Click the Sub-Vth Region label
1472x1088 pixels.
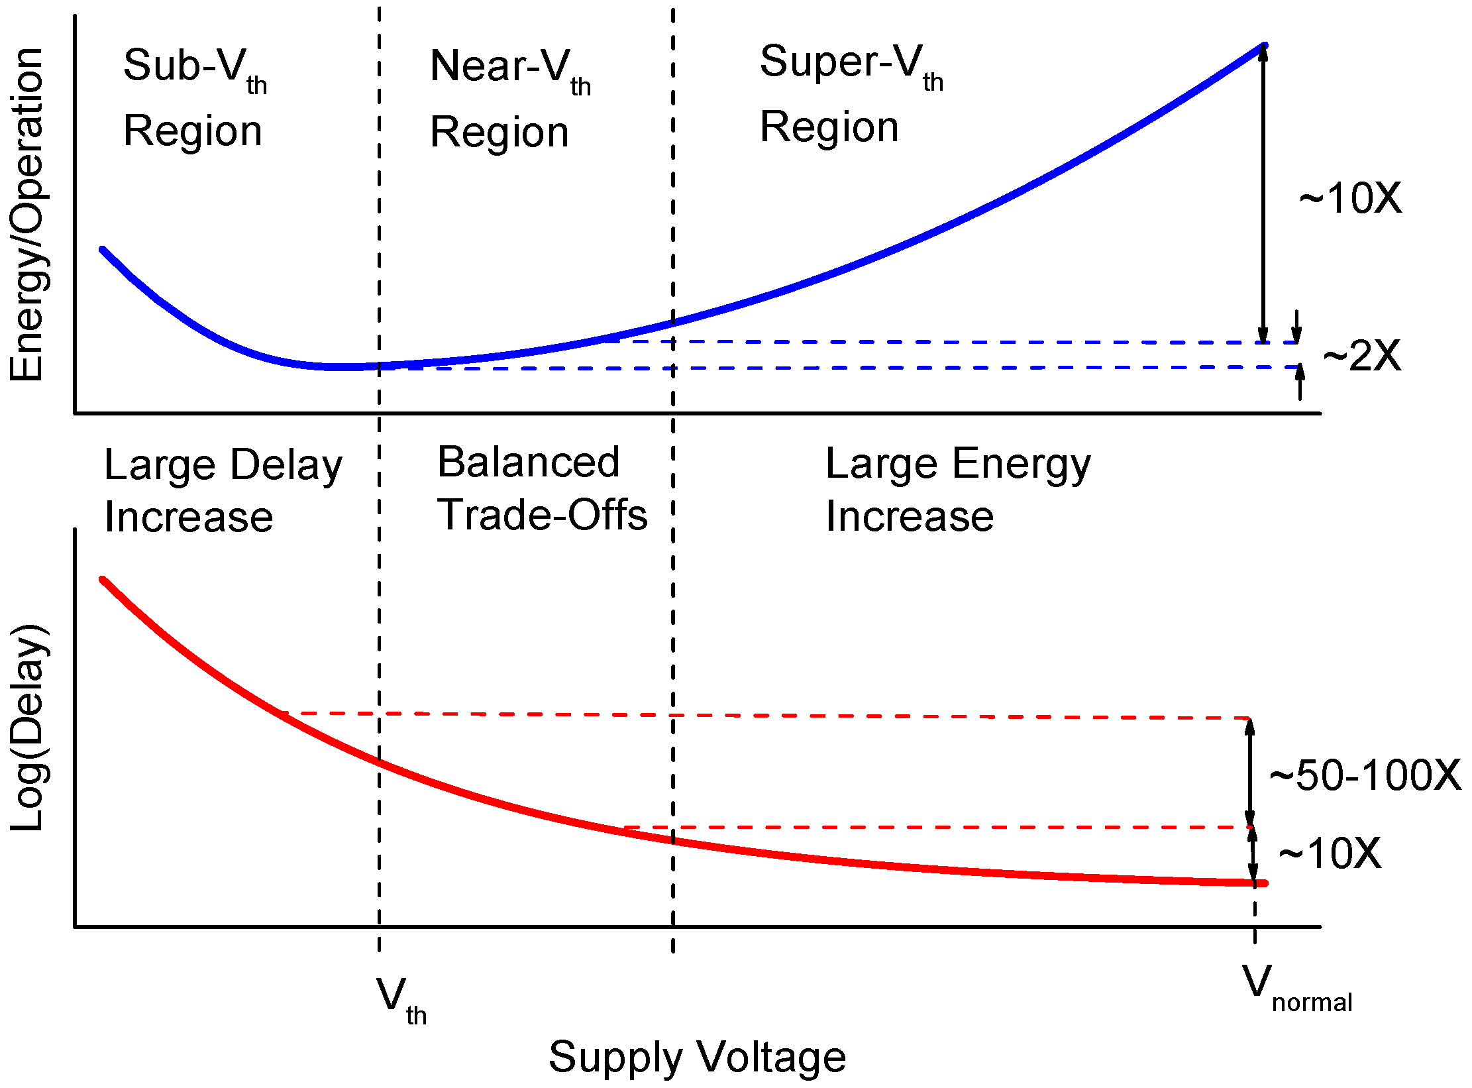194,97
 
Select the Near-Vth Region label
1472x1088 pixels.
509,99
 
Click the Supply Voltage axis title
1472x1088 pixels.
697,1056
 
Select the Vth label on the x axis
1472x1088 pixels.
400,1001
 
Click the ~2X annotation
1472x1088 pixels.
1362,356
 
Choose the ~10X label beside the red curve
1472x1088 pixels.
1329,853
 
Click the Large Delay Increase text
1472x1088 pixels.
223,490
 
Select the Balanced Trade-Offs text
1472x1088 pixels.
542,488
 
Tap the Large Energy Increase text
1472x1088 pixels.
957,490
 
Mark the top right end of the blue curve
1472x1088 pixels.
1264,46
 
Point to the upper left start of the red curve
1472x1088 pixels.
103,580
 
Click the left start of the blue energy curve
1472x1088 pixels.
103,250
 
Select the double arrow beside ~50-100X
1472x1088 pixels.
1249,773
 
